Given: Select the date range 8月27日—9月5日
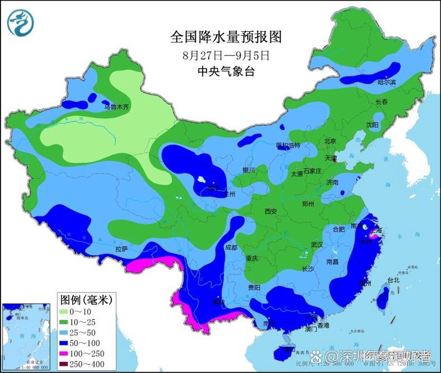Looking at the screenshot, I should point(226,55).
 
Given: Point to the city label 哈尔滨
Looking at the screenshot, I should point(386,82).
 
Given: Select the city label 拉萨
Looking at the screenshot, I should point(121,248).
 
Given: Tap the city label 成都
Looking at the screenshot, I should point(231,247).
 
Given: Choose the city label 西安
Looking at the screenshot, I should point(271,211).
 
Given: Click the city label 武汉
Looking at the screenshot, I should point(317,245).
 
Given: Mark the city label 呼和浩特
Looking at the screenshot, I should point(288,145).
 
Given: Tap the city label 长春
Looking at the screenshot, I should point(382,102).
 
